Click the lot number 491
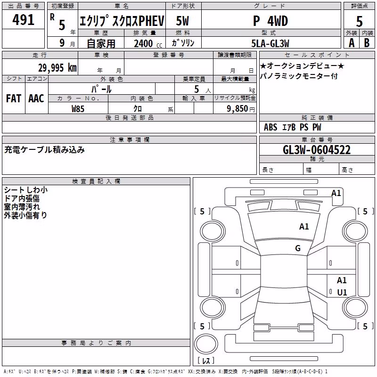(23, 20)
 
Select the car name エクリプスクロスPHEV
(122, 21)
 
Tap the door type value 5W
(182, 21)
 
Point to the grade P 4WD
(270, 21)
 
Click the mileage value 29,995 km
(57, 68)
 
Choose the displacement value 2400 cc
(148, 43)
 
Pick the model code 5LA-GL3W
(270, 43)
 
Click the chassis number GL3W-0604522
(317, 150)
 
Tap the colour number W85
(78, 109)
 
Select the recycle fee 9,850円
(241, 109)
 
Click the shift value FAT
(14, 98)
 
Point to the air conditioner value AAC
(36, 98)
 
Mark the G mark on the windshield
(298, 248)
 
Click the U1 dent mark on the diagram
(342, 292)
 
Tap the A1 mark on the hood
(304, 227)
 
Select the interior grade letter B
(367, 43)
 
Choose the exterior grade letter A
(352, 43)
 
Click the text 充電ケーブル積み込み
(44, 150)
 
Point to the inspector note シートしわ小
(26, 190)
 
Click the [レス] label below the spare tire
(206, 361)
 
